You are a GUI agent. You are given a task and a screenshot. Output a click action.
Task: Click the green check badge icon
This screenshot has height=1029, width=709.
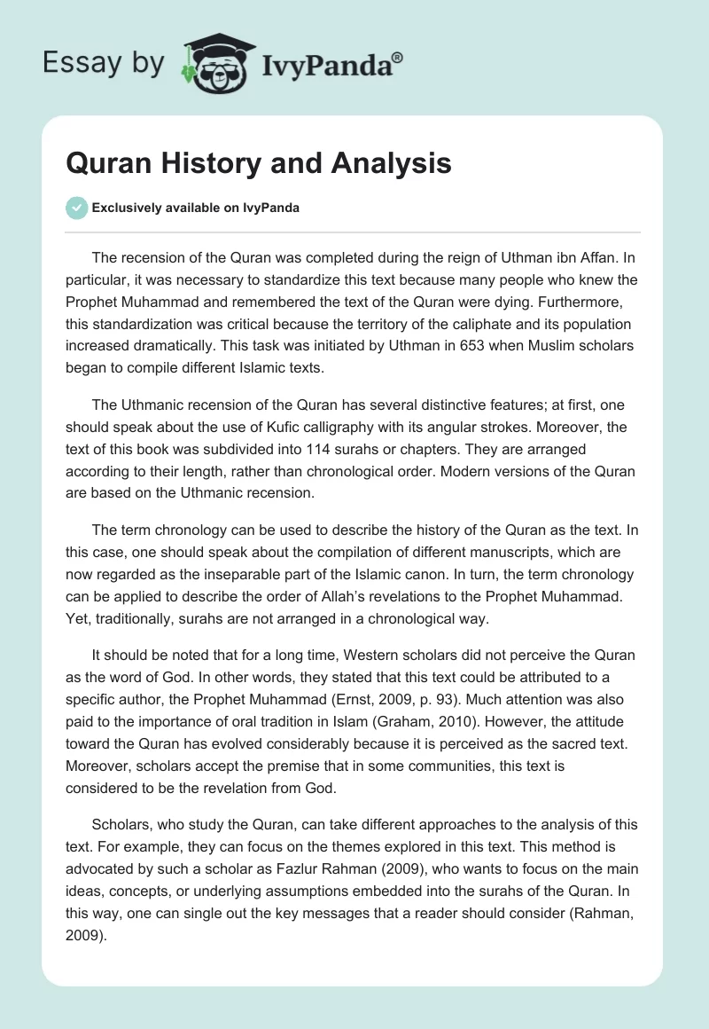(76, 208)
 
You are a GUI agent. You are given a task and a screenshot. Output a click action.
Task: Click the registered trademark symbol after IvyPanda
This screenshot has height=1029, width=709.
(399, 57)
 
